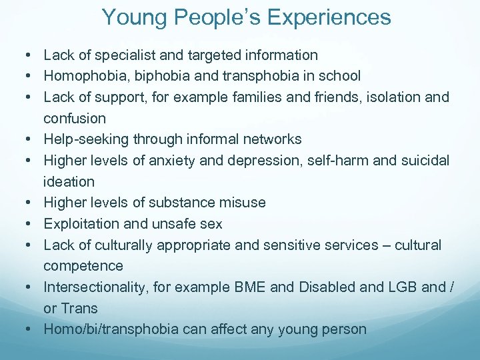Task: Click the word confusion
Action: pyautogui.click(x=75, y=118)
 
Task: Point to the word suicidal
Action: pyautogui.click(x=421, y=160)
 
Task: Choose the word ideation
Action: pyautogui.click(x=69, y=181)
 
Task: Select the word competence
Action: pyautogui.click(x=83, y=266)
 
